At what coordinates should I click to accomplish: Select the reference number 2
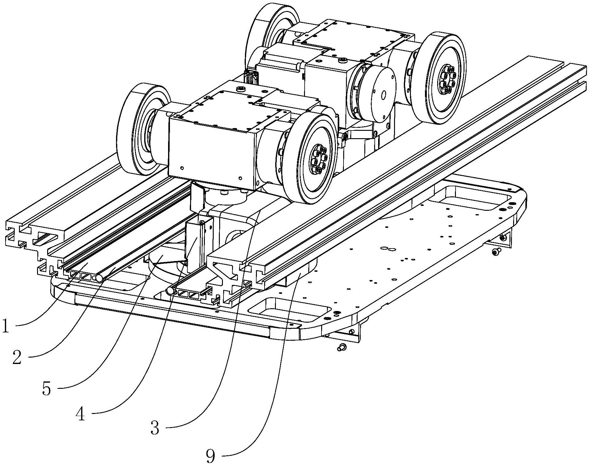tap(17, 357)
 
